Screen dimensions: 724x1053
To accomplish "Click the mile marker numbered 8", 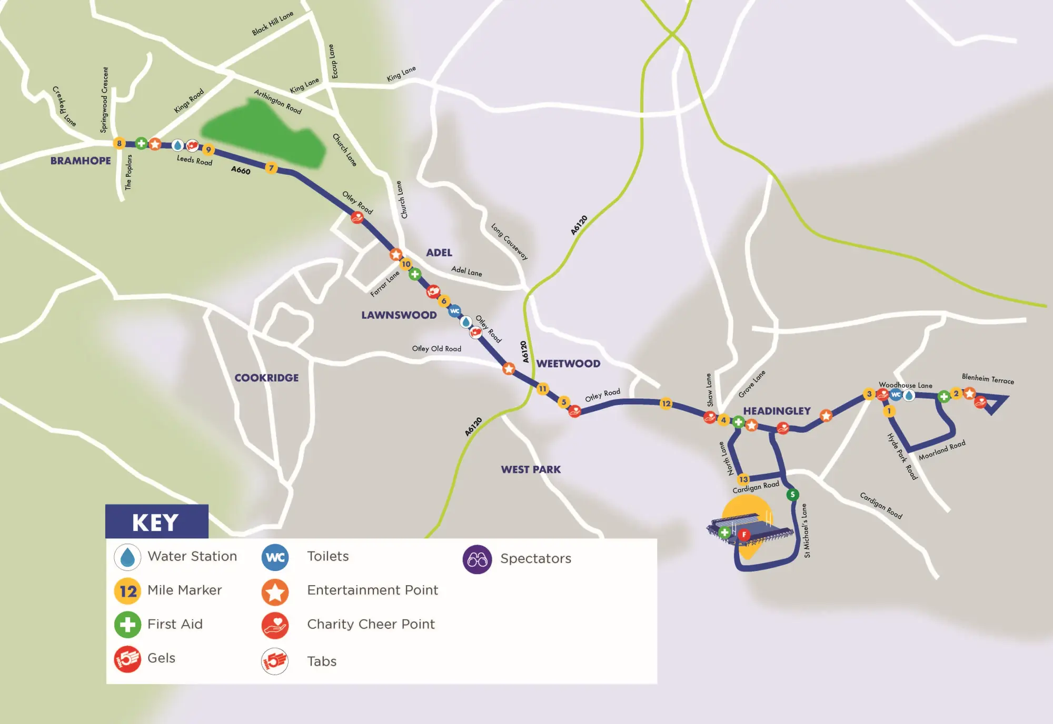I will coord(120,143).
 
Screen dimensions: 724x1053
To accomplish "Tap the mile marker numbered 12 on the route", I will coord(666,404).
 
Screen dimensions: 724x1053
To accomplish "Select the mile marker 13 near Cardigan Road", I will coord(743,479).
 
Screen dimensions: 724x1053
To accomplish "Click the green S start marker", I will coord(792,495).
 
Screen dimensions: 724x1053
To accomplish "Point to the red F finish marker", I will coord(743,535).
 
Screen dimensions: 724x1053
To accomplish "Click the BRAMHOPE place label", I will coord(81,161).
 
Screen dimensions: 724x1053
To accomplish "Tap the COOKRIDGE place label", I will coord(266,378).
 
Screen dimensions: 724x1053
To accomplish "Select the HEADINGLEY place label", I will coord(777,411).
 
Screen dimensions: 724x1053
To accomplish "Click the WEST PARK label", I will coord(531,469).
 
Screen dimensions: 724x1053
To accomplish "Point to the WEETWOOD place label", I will coord(568,364).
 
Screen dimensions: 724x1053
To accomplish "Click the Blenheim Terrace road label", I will coord(988,379).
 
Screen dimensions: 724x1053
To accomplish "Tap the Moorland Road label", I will coord(942,450).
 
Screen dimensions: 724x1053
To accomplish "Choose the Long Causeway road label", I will coord(509,242).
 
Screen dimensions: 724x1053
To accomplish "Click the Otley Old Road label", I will coord(436,348).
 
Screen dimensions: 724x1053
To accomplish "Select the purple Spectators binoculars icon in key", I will coord(477,559).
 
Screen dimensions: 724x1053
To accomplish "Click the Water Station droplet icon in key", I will coord(127,557).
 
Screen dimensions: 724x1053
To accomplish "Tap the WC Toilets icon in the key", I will coord(275,557).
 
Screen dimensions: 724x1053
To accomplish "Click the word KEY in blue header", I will coord(155,522).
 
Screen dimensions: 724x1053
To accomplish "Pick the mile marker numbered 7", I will coord(271,168).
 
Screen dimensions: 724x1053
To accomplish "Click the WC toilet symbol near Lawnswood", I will coord(454,311).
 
